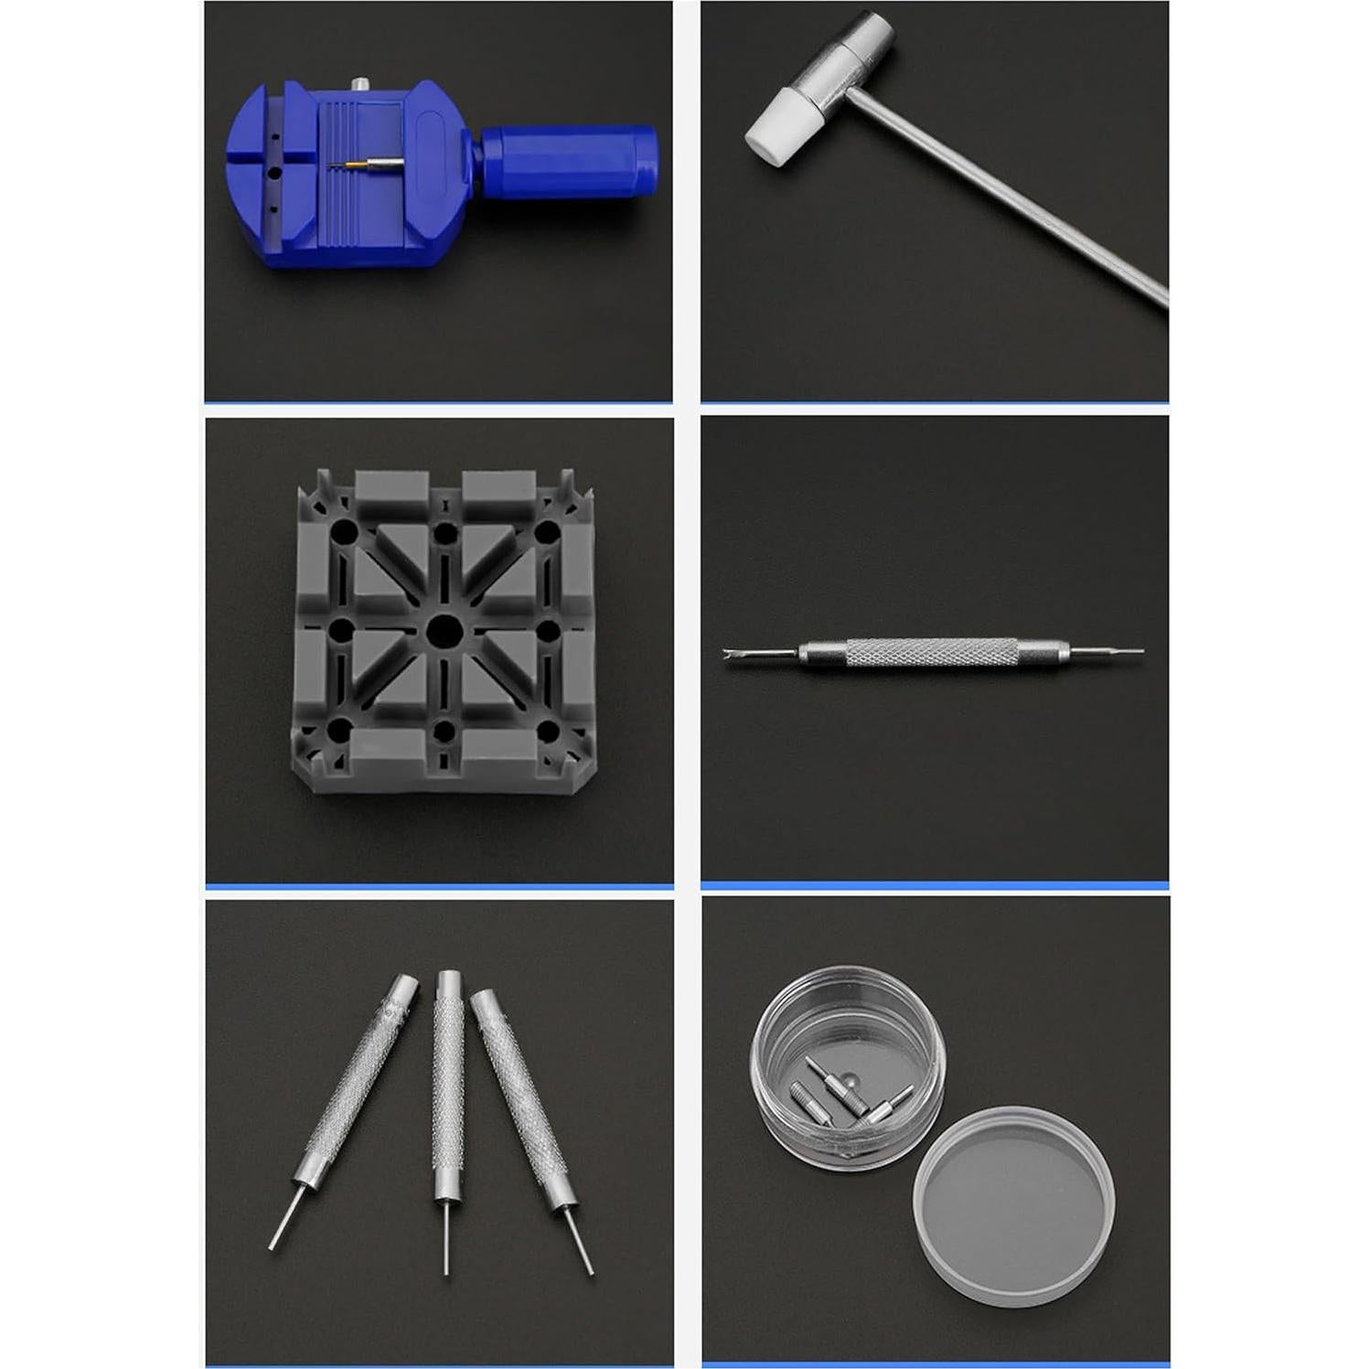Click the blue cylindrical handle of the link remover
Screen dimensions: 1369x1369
[567, 162]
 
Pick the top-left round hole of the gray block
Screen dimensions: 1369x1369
[340, 532]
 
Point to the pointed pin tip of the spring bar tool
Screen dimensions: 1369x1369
[1134, 652]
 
